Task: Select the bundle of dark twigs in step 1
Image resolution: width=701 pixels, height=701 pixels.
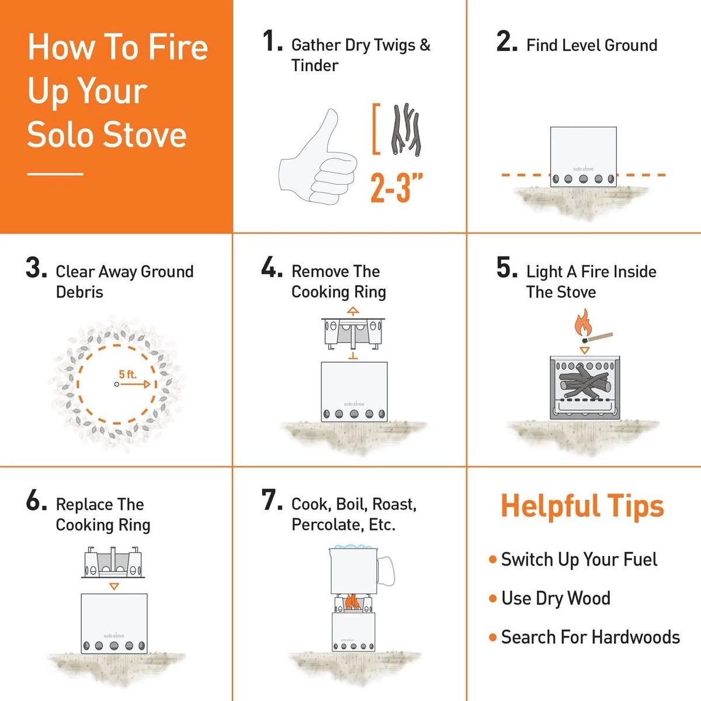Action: click(407, 131)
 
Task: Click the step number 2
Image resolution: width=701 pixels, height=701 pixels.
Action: click(506, 42)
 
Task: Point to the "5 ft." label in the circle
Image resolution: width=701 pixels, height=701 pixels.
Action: click(127, 374)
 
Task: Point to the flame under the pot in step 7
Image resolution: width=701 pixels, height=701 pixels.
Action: click(352, 602)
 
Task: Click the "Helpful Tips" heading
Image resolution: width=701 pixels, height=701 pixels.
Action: click(582, 506)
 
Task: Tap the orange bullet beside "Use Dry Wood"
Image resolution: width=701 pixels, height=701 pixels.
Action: click(492, 599)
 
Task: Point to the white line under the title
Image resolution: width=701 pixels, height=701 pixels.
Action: click(55, 173)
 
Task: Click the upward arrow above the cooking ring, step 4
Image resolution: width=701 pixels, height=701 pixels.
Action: click(352, 311)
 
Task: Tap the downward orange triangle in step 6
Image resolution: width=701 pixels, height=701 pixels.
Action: click(114, 586)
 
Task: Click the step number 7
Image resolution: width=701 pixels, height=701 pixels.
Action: click(271, 501)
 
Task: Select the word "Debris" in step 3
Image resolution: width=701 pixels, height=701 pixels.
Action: click(79, 291)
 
